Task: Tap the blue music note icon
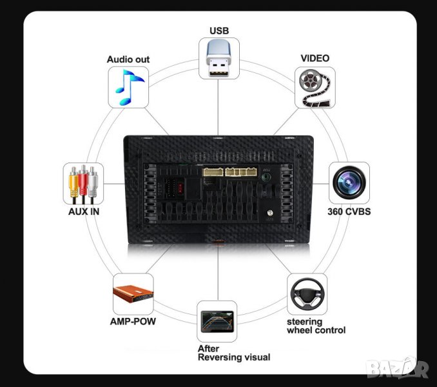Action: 128,86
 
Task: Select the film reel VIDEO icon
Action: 315,86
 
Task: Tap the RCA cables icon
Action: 84,183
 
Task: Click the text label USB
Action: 219,30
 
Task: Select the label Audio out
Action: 128,59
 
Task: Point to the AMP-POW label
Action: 133,321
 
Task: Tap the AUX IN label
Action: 84,211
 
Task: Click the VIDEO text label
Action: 315,58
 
